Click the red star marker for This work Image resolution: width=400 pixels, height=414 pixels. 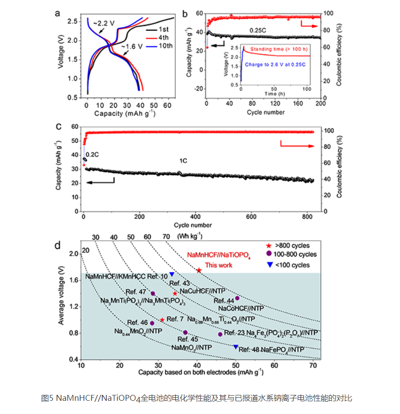199,270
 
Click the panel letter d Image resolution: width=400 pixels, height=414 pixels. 58,245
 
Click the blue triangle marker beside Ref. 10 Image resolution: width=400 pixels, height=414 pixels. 172,274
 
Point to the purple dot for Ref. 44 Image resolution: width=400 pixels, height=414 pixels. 237,298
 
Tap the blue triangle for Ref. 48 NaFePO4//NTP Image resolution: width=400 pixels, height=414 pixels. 235,347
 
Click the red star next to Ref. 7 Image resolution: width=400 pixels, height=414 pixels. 162,320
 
